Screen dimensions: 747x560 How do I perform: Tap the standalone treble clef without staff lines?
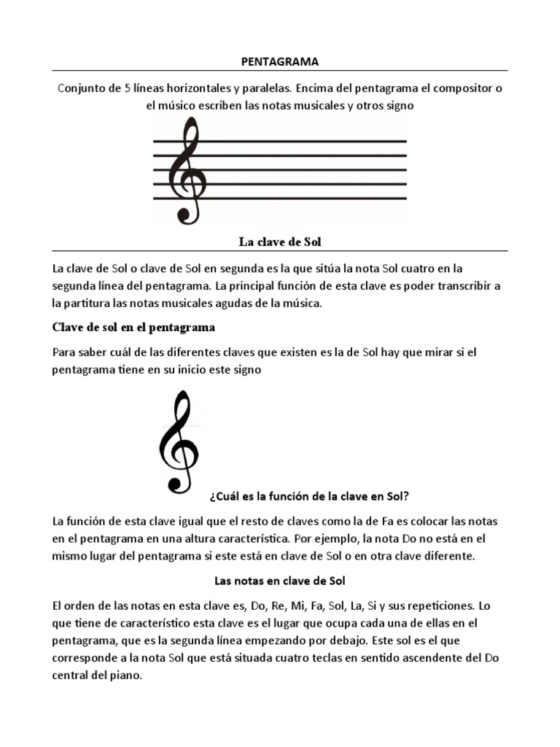pyautogui.click(x=176, y=441)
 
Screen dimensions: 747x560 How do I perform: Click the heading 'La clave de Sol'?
pyautogui.click(x=279, y=241)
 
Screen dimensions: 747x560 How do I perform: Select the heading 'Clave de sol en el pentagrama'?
pyautogui.click(x=133, y=326)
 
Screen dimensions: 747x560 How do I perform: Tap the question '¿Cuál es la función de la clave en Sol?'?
pyautogui.click(x=308, y=497)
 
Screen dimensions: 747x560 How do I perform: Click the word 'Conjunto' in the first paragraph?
pyautogui.click(x=79, y=88)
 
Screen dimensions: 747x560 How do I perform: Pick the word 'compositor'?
pyautogui.click(x=464, y=88)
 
